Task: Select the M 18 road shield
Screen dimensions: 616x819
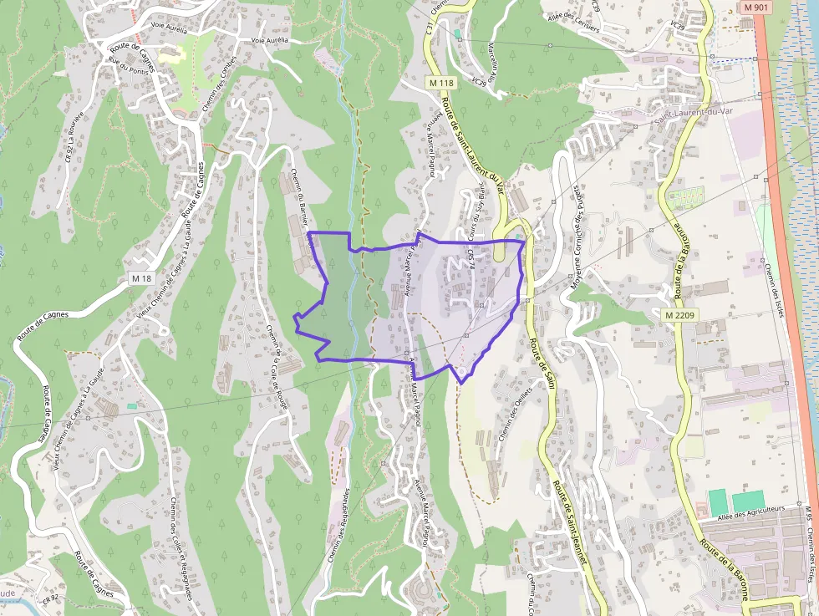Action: pyautogui.click(x=142, y=277)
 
